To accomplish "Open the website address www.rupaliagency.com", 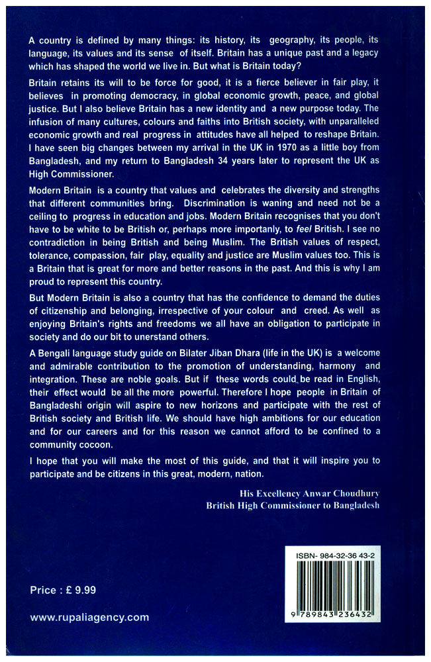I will pyautogui.click(x=89, y=617).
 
